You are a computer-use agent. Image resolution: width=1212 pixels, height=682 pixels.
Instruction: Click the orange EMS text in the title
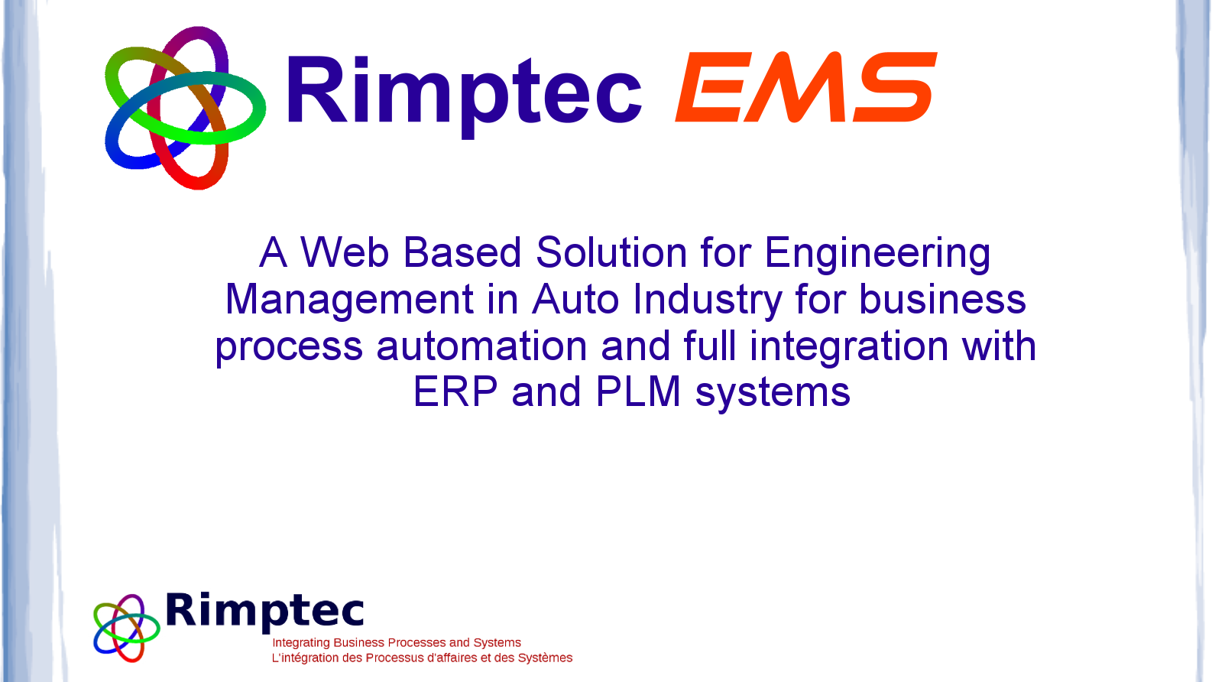(806, 86)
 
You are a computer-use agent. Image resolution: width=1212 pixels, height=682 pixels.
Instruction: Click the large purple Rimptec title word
(464, 92)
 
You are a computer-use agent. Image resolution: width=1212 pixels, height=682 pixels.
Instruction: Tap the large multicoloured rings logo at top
(184, 108)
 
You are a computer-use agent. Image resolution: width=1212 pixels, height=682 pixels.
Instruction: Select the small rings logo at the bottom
(126, 628)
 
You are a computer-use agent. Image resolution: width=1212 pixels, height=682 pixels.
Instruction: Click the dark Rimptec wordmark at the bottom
(264, 612)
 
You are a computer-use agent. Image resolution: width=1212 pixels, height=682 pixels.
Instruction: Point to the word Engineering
(877, 253)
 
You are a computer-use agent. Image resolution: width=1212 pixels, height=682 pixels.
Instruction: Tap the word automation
(481, 346)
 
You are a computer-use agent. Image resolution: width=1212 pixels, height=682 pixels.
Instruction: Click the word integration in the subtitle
(848, 346)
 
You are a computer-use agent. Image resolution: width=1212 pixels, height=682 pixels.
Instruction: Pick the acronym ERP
(455, 392)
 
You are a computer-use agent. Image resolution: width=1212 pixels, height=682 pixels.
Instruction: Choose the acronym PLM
(637, 392)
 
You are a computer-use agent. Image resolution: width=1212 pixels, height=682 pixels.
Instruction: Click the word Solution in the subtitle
(611, 252)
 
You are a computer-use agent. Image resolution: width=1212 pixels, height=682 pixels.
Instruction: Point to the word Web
(344, 252)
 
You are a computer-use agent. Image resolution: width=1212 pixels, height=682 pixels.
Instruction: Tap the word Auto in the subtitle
(575, 299)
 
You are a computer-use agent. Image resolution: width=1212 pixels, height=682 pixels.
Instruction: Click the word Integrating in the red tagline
(301, 643)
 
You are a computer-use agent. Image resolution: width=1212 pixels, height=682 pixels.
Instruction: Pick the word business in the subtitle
(942, 299)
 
